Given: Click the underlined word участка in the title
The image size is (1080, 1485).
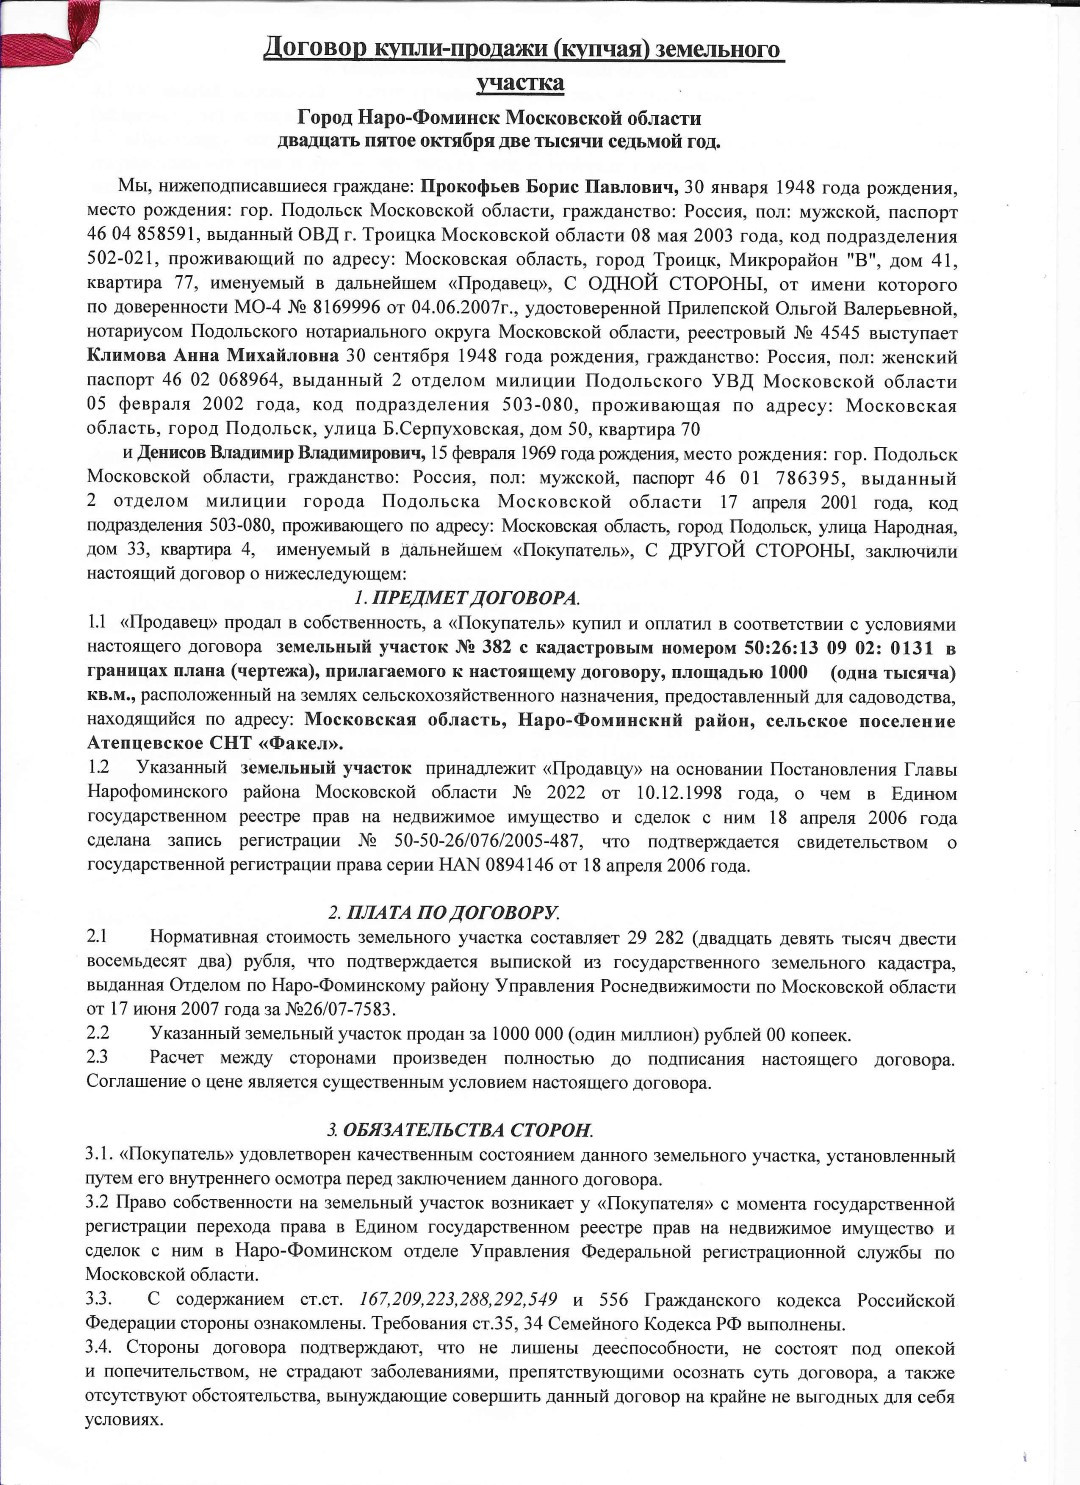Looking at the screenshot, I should (x=520, y=82).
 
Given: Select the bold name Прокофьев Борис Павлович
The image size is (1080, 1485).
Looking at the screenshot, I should (x=550, y=187).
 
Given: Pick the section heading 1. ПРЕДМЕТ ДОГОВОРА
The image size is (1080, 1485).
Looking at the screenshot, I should (x=467, y=598).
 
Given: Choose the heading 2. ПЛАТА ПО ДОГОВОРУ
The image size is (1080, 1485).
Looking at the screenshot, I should (x=444, y=912).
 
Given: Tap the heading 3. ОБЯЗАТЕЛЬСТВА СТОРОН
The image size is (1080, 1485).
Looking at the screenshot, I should (x=460, y=1130).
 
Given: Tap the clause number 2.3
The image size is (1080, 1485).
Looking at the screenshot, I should (x=97, y=1057).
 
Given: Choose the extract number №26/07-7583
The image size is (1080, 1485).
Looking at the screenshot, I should (x=337, y=1009).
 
